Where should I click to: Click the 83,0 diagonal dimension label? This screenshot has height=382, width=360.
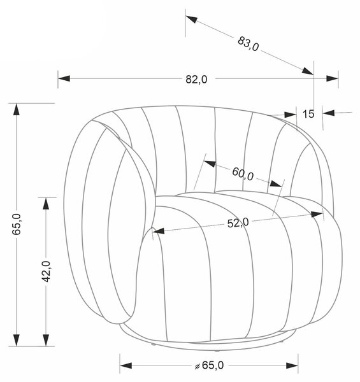[248, 44]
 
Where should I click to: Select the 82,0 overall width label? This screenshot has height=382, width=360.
[196, 80]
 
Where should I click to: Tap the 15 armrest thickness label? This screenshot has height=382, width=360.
[308, 114]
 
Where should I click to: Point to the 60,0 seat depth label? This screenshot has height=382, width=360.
[243, 174]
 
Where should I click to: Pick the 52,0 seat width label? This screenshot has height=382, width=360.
[238, 223]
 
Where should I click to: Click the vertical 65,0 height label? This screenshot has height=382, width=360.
[17, 224]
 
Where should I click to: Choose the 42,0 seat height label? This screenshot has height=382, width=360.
[46, 271]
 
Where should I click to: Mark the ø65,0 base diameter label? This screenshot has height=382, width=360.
[210, 365]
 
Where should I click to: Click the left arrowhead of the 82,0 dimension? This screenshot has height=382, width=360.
[64, 78]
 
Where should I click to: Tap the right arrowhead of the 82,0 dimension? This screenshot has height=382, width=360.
[332, 78]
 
